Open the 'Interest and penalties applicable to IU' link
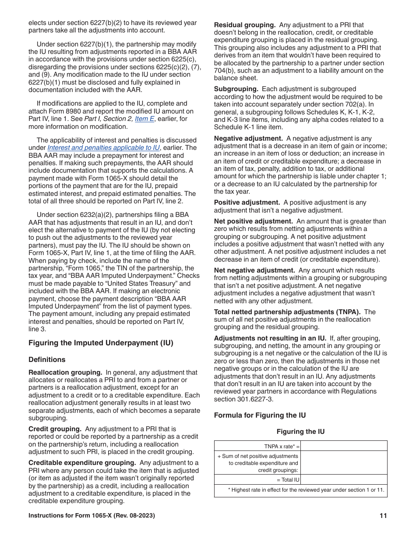pyautogui.click(x=103, y=148)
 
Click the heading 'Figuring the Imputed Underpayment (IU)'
pyautogui.click(x=101, y=343)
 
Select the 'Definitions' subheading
pyautogui.click(x=47, y=360)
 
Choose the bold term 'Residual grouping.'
pyautogui.click(x=244, y=25)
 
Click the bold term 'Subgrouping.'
pyautogui.click(x=236, y=89)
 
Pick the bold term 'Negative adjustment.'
pyautogui.click(x=248, y=138)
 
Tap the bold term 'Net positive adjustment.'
pyautogui.click(x=253, y=221)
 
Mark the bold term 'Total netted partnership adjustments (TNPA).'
pyautogui.click(x=287, y=312)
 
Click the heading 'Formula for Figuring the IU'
pyautogui.click(x=260, y=415)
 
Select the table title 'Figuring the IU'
pyautogui.click(x=300, y=432)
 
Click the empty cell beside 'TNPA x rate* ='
pyautogui.click(x=344, y=446)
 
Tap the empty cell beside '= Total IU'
pyautogui.click(x=344, y=480)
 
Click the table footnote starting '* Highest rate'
pyautogui.click(x=306, y=490)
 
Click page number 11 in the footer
pyautogui.click(x=383, y=516)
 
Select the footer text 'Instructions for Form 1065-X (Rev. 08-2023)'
pyautogui.click(x=92, y=516)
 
